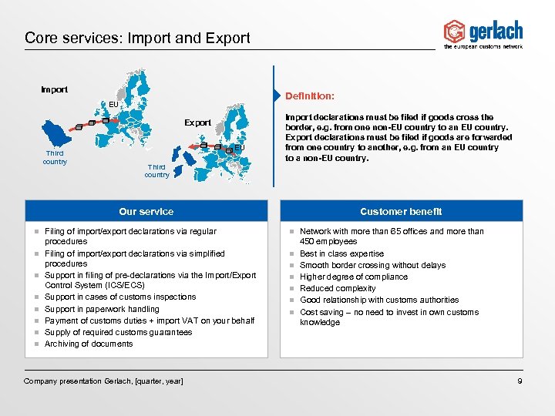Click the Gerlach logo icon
pos(454,32)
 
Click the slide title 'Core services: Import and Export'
pos(137,38)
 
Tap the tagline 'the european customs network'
pos(483,47)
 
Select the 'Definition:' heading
pos(309,96)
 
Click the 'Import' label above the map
pos(54,89)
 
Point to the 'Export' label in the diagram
pos(197,122)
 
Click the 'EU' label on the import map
pos(113,104)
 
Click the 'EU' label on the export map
pos(240,147)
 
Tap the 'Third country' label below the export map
pos(156,170)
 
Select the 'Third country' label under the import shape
pos(55,157)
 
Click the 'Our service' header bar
pos(146,211)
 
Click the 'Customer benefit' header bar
pos(401,211)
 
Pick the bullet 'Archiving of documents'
pos(89,344)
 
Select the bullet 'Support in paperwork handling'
pos(102,309)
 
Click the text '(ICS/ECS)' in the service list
pos(131,285)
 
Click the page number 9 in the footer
pos(520,381)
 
